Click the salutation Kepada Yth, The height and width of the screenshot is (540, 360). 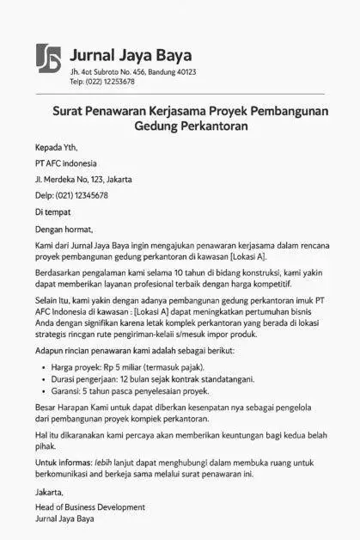pyautogui.click(x=55, y=147)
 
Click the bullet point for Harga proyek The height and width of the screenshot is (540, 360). pyautogui.click(x=43, y=366)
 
